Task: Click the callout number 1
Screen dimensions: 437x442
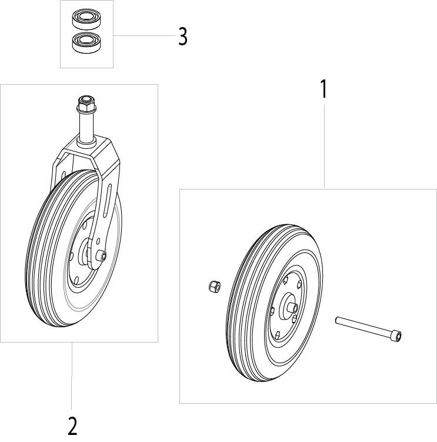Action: (324, 89)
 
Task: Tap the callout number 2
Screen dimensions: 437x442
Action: (72, 426)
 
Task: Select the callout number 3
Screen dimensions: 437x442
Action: (183, 36)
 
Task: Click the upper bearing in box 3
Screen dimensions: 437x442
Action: (86, 19)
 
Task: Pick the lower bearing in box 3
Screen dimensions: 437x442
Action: (86, 42)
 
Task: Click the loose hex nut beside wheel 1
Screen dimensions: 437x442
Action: (215, 287)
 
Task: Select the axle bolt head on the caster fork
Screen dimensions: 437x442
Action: (102, 255)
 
